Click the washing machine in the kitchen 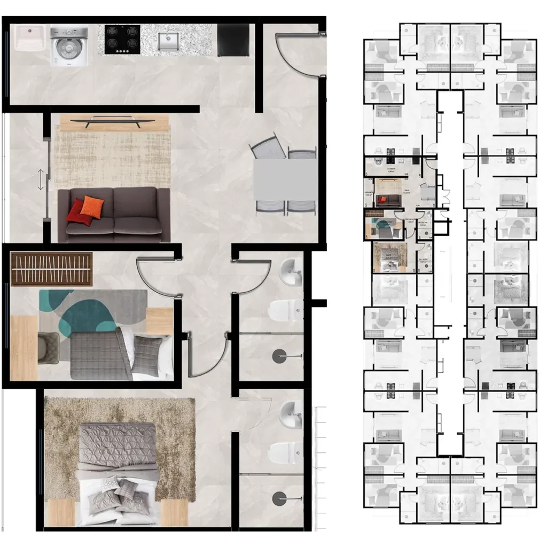[68, 46]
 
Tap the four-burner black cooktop [122, 40]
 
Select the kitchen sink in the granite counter [169, 41]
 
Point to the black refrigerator [233, 41]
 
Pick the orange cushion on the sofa [91, 207]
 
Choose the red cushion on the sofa [76, 210]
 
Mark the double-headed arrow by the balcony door [41, 179]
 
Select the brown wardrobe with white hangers [52, 269]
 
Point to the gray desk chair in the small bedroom [49, 347]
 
